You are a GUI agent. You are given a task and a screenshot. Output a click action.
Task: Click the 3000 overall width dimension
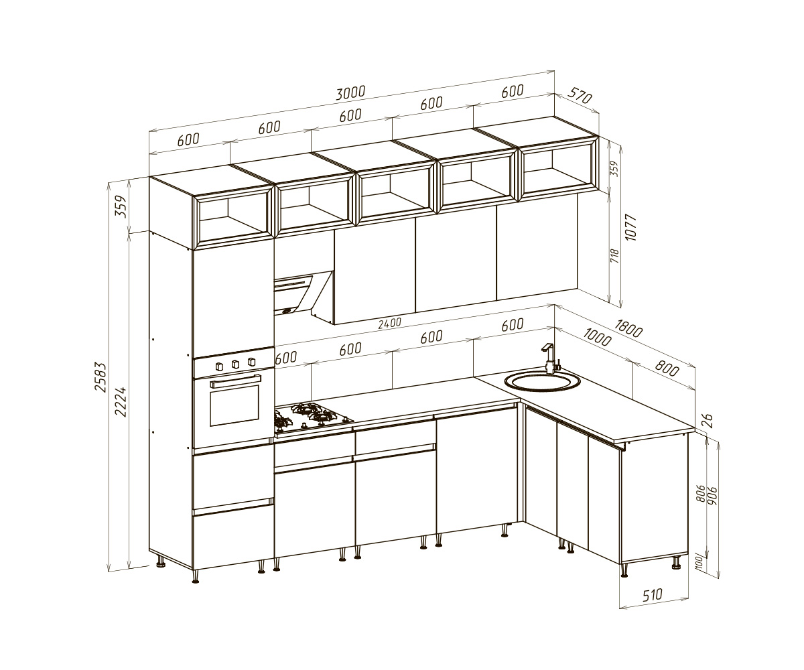pyautogui.click(x=350, y=93)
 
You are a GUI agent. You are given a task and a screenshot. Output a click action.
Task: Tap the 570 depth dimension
pyautogui.click(x=580, y=96)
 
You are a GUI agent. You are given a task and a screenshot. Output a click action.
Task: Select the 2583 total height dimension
pyautogui.click(x=100, y=377)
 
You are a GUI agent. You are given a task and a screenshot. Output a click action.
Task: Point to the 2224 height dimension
pyautogui.click(x=121, y=401)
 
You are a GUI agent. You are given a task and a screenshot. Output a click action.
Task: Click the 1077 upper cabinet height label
pyautogui.click(x=631, y=228)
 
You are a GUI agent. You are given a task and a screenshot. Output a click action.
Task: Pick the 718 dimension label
pyautogui.click(x=614, y=256)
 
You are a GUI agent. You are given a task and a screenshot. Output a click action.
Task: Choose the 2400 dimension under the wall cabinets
pyautogui.click(x=389, y=323)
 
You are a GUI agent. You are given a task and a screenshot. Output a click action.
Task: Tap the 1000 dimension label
pyautogui.click(x=597, y=337)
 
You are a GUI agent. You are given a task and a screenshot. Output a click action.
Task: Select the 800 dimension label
pyautogui.click(x=667, y=368)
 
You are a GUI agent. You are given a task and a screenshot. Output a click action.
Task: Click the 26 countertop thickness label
pyautogui.click(x=708, y=421)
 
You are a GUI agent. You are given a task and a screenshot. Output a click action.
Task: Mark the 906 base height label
pyautogui.click(x=712, y=496)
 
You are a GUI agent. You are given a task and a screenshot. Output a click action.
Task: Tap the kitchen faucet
pyautogui.click(x=551, y=358)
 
